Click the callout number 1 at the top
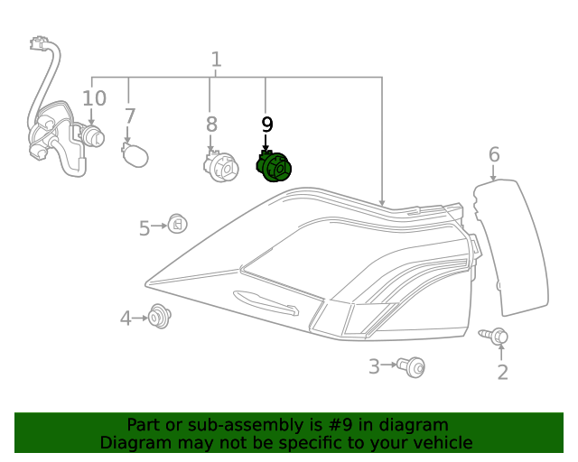coord(216,60)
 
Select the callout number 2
coord(502,371)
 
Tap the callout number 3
coord(374,365)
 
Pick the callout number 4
coord(126,318)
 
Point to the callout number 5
coord(144,228)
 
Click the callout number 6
coord(494,154)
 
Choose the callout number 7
coord(130,116)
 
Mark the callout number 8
coord(211,124)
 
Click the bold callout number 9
coord(266,125)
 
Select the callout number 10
coord(94,98)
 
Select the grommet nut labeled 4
coord(159,317)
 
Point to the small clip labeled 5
coord(176,224)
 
